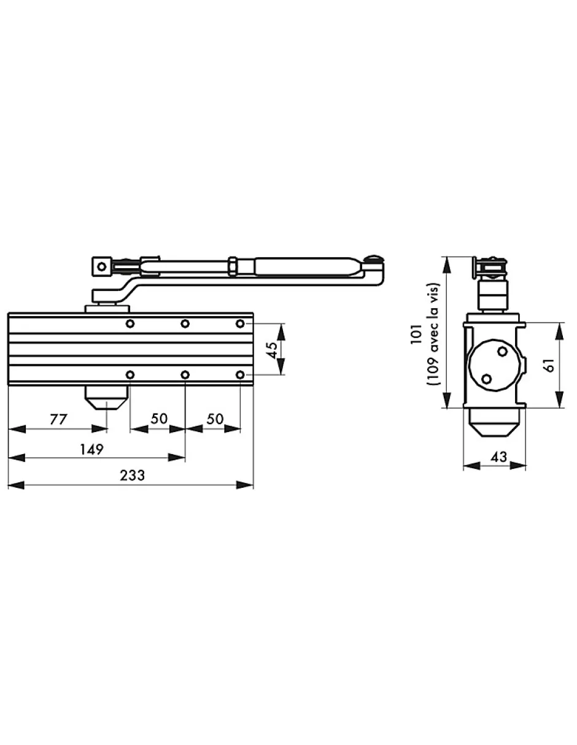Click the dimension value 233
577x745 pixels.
tap(133, 476)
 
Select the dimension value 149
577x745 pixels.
tap(91, 449)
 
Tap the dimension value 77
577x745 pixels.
tap(59, 419)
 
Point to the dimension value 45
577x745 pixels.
tap(272, 350)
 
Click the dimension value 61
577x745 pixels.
tap(549, 365)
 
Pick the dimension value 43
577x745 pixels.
tap(498, 457)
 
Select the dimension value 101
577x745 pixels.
tap(416, 334)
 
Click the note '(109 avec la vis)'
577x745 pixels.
tap(433, 334)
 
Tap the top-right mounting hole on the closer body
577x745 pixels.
tap(240, 323)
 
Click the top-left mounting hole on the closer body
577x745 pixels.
tap(130, 323)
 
